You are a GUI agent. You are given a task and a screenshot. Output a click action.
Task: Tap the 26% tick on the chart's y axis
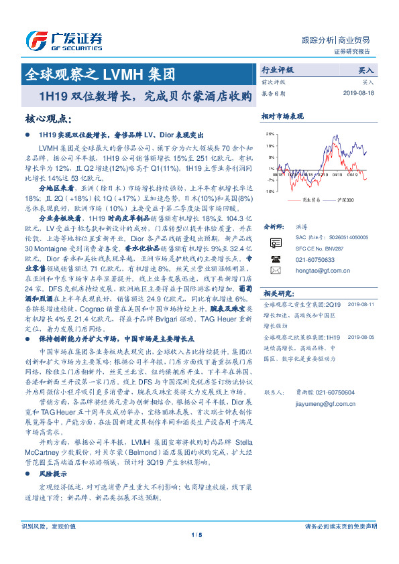pyautogui.click(x=269, y=134)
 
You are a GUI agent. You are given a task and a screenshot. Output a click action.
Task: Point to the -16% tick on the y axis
pyautogui.click(x=268, y=190)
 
